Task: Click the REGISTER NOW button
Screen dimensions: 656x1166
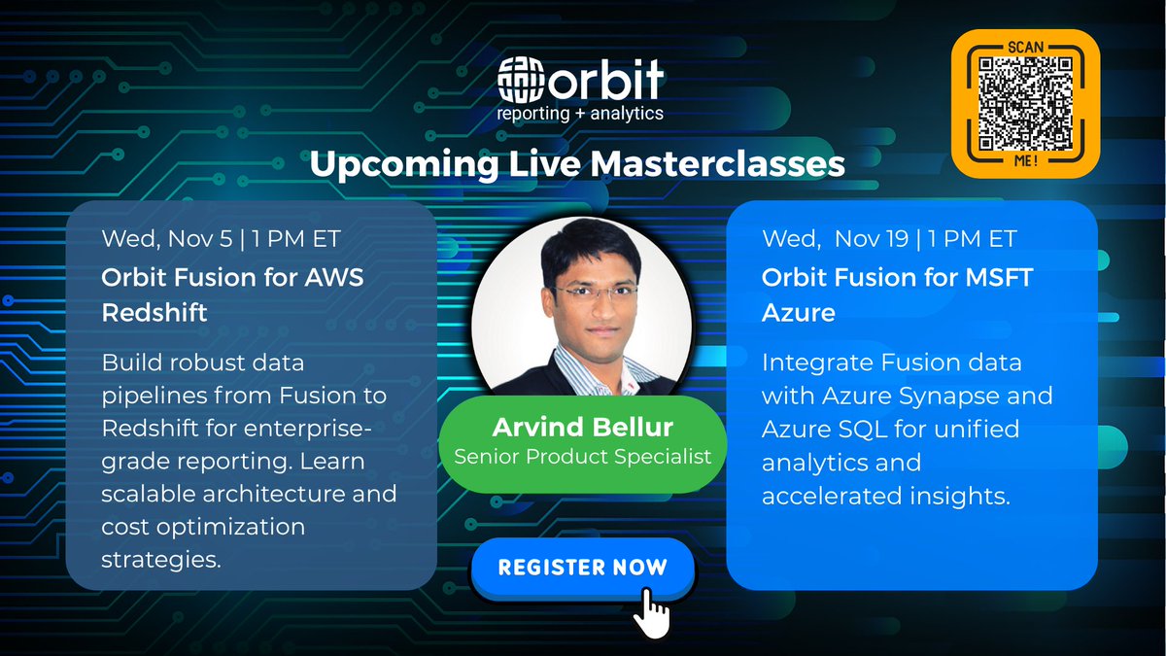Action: point(583,566)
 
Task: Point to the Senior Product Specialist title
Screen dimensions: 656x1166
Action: point(584,454)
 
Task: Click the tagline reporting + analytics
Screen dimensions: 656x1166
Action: point(580,113)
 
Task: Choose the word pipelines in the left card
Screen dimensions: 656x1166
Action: point(151,396)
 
